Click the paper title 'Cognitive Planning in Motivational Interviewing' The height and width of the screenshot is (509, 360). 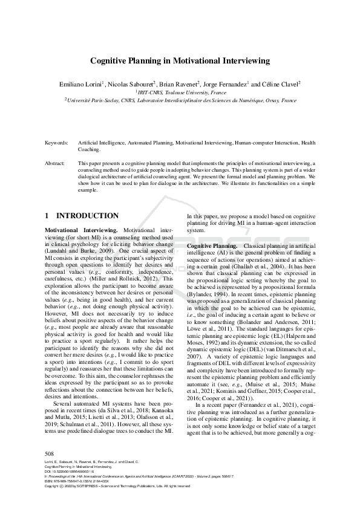[180, 60]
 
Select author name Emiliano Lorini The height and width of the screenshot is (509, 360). [82, 84]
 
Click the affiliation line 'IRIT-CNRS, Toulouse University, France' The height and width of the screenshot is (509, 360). [181, 93]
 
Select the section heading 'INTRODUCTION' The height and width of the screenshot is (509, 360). [87, 216]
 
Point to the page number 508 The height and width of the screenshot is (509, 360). [50, 470]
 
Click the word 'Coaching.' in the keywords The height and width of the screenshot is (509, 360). [89, 149]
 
